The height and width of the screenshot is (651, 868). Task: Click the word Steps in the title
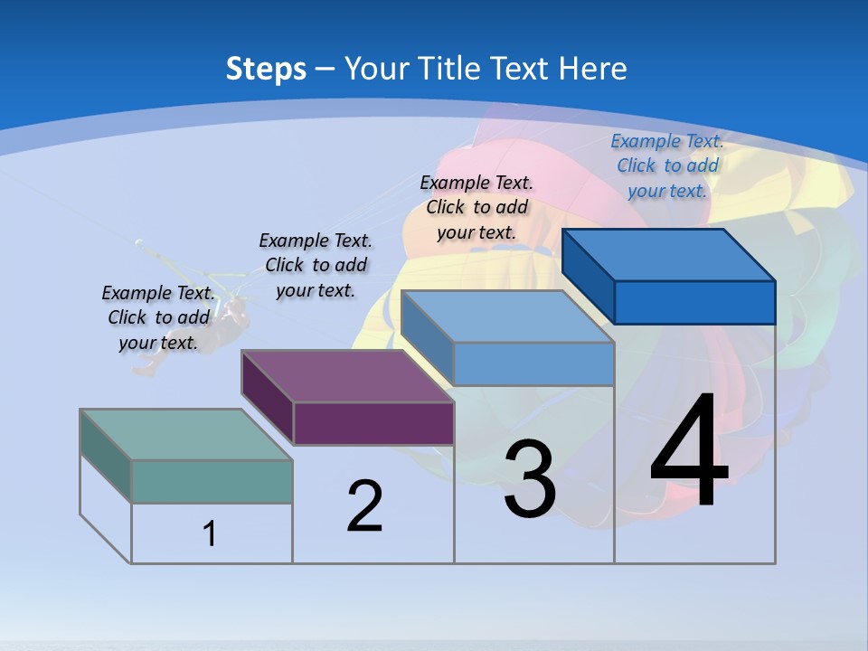click(266, 69)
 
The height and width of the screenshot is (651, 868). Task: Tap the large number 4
click(689, 451)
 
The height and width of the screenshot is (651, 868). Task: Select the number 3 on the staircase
click(530, 479)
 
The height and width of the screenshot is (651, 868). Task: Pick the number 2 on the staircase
click(365, 506)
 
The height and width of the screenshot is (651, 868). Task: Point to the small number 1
click(209, 533)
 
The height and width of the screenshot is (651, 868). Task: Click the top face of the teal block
click(186, 434)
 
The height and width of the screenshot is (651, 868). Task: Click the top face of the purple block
click(348, 376)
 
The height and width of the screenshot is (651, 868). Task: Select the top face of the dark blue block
click(669, 255)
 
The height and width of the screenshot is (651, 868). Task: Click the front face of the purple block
click(373, 423)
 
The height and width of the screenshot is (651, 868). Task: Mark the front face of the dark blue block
click(694, 302)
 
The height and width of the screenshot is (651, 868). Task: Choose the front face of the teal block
click(212, 481)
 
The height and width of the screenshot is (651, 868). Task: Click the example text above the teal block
click(158, 317)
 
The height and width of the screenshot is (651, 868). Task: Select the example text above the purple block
click(316, 265)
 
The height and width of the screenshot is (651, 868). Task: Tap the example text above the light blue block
click(476, 207)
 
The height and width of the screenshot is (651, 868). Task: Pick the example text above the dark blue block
click(667, 165)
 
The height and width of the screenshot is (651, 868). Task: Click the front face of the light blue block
click(533, 363)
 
